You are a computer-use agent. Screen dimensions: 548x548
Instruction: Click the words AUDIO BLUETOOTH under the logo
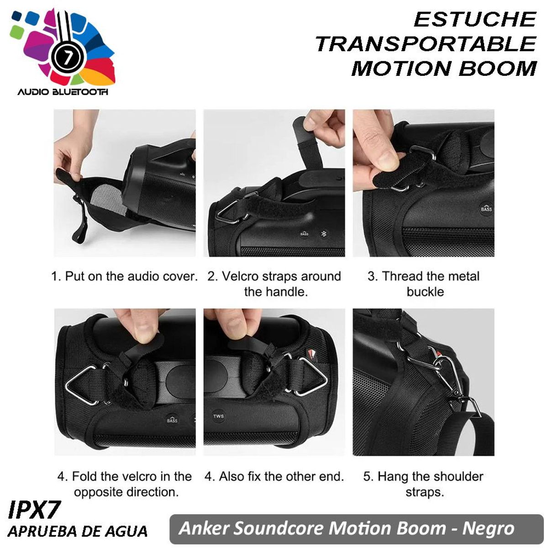(x=63, y=92)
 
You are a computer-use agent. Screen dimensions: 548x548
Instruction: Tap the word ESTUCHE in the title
(x=474, y=20)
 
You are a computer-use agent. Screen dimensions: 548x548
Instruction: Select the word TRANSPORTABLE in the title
(x=425, y=44)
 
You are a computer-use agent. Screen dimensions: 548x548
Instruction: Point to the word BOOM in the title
(x=497, y=68)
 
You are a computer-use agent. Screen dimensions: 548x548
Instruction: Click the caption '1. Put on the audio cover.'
(x=124, y=276)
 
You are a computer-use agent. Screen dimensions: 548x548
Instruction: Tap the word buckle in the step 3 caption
(x=425, y=292)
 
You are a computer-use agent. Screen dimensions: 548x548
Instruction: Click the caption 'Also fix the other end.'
(x=280, y=477)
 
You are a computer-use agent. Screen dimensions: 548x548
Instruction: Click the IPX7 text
(x=34, y=510)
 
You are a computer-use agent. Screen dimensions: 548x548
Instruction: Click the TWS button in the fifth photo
(x=218, y=416)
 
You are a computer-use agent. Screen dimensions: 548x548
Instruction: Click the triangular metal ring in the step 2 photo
(x=227, y=212)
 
